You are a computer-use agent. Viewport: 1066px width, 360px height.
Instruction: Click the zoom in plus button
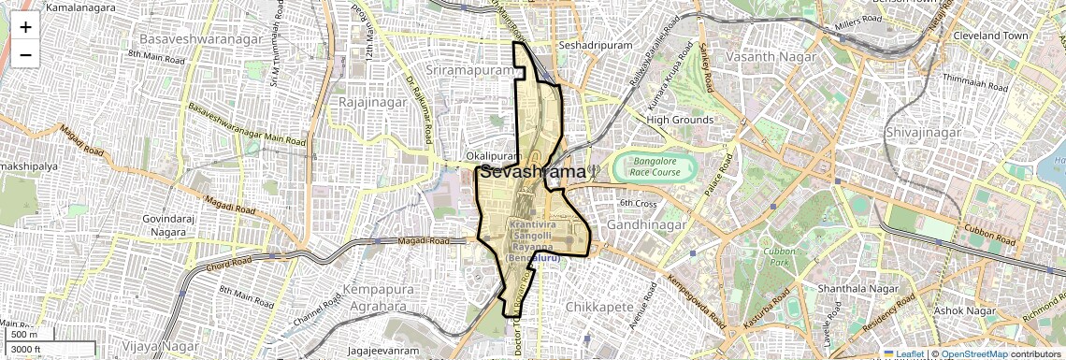[25, 26]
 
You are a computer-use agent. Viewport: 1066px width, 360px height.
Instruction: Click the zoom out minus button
[25, 54]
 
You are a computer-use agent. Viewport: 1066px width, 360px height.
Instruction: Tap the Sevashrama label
[534, 172]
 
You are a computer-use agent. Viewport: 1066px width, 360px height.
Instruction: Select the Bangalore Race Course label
[654, 167]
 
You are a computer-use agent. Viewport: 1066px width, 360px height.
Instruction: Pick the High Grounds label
[680, 120]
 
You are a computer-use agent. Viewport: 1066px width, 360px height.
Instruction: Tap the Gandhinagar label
[647, 225]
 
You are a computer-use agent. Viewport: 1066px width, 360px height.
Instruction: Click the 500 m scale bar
[26, 335]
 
